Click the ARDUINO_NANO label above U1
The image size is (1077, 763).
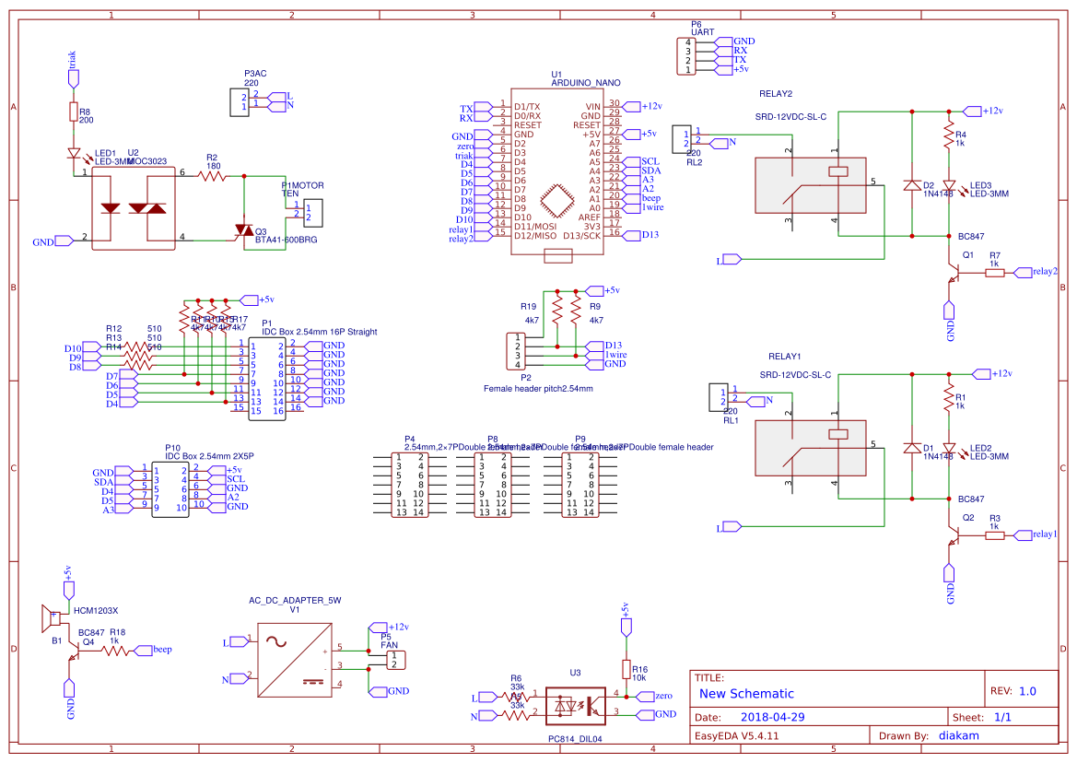click(585, 83)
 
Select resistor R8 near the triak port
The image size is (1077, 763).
click(74, 112)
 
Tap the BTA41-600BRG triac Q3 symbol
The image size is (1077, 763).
click(243, 229)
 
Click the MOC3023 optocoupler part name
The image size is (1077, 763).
click(146, 161)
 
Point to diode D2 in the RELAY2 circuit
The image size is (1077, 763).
click(912, 185)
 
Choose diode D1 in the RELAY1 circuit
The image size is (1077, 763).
click(912, 449)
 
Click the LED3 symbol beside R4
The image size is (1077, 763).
click(949, 185)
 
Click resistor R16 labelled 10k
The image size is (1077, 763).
click(626, 670)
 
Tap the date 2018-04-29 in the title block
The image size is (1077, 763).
click(772, 717)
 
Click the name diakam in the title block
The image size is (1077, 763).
click(958, 735)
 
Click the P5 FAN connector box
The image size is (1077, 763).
click(394, 660)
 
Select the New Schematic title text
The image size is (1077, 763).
click(746, 694)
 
